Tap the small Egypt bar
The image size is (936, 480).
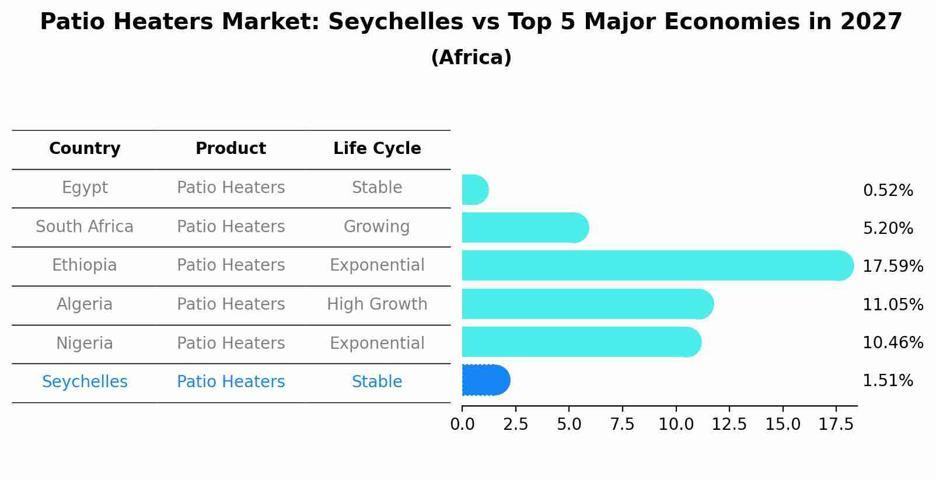474,190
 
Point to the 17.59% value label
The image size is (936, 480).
892,267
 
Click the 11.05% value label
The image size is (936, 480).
892,305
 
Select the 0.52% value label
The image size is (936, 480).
888,191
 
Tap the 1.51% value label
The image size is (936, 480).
888,381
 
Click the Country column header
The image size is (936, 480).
85,149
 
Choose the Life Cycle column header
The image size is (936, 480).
377,149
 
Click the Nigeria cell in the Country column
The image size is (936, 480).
85,343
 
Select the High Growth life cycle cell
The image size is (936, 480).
377,304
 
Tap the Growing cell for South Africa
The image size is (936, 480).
377,226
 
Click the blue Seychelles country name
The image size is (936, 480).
85,382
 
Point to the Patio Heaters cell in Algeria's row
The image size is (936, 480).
230,304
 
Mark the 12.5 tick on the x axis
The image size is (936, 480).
729,424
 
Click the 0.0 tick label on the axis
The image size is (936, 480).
462,424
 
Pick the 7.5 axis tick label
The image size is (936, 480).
622,424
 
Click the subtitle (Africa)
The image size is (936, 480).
471,58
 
